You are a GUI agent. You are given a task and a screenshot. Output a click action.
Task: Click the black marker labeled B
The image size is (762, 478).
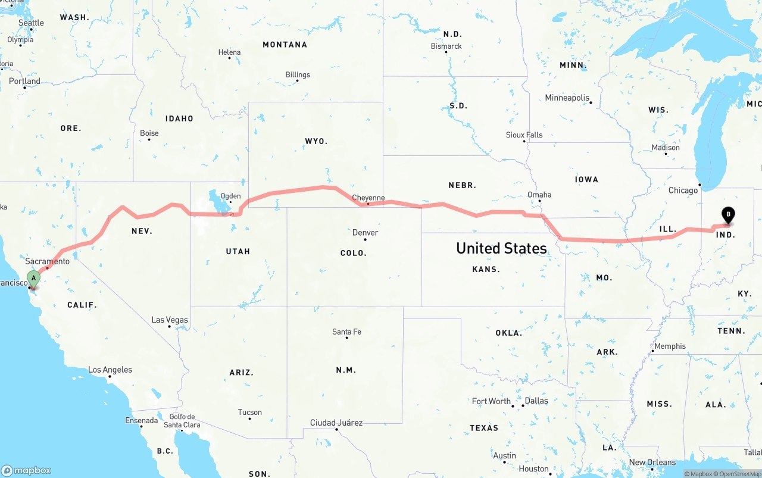tap(727, 214)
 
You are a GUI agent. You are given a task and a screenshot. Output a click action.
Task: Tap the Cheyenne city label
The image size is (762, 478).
tap(368, 198)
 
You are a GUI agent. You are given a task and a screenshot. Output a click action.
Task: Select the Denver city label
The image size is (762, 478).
tap(365, 232)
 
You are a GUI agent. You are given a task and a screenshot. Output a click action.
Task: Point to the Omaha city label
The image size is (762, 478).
tap(539, 195)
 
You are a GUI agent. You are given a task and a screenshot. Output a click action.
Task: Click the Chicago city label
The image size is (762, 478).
tap(683, 190)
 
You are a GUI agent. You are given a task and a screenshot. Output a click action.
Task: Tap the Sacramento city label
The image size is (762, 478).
tap(48, 261)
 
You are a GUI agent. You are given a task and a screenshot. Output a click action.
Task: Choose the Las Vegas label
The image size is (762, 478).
tap(170, 320)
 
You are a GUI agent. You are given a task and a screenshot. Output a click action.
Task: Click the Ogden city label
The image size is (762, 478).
tap(230, 196)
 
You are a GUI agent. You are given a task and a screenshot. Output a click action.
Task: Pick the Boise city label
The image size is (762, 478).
tap(149, 133)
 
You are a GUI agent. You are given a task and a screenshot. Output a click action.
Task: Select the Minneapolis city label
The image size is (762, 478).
tap(567, 98)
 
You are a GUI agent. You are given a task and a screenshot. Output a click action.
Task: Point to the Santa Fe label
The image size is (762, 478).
tap(346, 332)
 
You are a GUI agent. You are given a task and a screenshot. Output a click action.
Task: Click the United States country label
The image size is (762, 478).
tap(501, 248)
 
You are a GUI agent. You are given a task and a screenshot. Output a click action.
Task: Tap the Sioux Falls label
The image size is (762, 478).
tap(524, 135)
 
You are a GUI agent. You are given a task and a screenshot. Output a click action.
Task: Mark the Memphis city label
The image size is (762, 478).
tap(670, 346)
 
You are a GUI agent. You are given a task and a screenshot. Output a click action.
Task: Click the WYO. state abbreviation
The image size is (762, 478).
tap(316, 141)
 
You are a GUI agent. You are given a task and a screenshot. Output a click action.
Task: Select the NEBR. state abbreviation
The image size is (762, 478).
tap(463, 185)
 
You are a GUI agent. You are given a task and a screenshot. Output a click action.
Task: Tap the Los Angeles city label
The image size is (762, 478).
tap(110, 370)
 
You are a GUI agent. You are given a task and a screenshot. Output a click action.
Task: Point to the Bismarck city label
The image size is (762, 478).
tap(446, 46)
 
